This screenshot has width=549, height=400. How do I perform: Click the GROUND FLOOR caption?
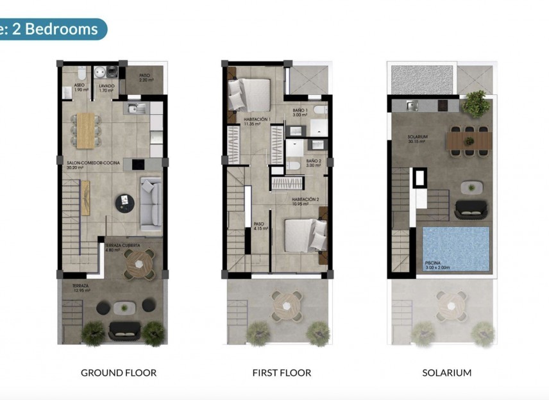point(118,372)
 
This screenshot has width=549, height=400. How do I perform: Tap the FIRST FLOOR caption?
point(282,372)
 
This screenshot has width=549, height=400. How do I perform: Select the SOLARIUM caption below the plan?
point(446,372)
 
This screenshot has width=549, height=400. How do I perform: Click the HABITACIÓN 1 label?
point(257,119)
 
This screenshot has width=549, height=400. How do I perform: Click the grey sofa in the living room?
point(151,204)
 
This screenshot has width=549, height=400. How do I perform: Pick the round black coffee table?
point(124,203)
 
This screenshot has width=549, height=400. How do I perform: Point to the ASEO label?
point(80,85)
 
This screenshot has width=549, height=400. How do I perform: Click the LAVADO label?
point(106,85)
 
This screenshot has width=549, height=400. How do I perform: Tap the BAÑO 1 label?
point(301,111)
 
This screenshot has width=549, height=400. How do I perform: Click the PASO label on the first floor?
point(258,224)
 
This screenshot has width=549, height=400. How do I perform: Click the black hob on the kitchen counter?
point(139,164)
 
